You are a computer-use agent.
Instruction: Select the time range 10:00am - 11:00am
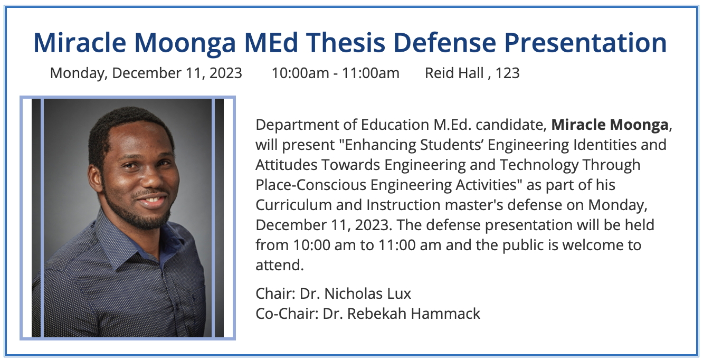tap(336, 73)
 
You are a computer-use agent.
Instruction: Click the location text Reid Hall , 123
tap(472, 73)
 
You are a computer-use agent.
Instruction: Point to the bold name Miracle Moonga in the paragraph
tap(610, 125)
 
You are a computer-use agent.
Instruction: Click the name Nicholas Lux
tap(367, 294)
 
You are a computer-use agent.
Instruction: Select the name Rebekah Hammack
tap(414, 314)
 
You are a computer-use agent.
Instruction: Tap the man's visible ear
tap(95, 180)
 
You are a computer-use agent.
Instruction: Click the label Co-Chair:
tap(287, 314)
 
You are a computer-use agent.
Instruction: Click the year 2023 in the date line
tap(226, 73)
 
